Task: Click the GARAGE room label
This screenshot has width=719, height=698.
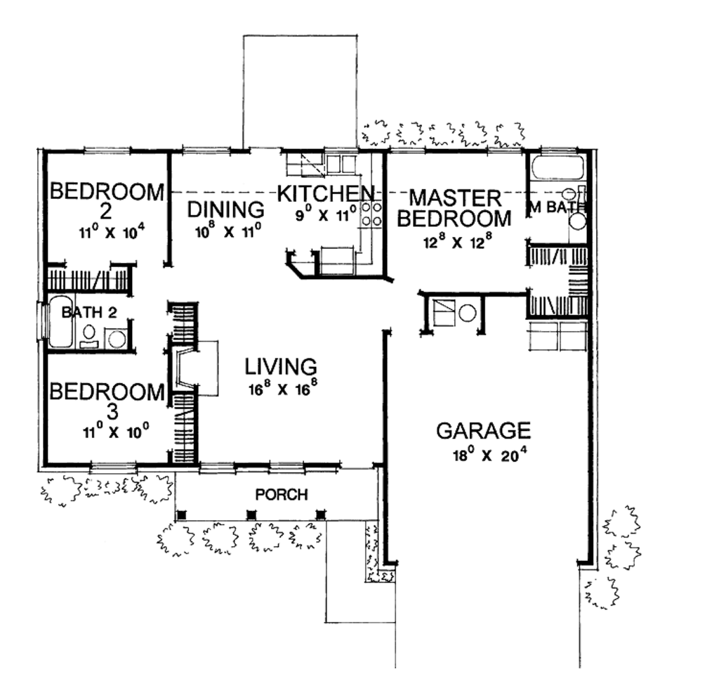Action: [x=483, y=429]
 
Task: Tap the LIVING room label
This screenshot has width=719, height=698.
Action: [x=281, y=366]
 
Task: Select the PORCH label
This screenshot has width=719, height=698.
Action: [x=281, y=495]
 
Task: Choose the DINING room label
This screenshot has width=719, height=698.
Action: [x=226, y=209]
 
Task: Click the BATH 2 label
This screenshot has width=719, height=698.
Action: [x=88, y=313]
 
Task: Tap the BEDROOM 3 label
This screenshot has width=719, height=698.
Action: [x=106, y=401]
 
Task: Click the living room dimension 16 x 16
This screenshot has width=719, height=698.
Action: [x=281, y=389]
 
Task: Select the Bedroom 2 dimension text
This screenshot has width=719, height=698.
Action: [x=106, y=232]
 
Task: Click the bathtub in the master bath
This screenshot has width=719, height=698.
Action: [x=558, y=168]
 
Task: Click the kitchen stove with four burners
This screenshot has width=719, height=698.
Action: [x=371, y=214]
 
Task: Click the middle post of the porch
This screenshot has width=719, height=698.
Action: [x=251, y=515]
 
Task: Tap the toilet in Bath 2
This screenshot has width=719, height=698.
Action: [x=90, y=334]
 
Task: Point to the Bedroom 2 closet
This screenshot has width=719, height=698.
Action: [x=88, y=278]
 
